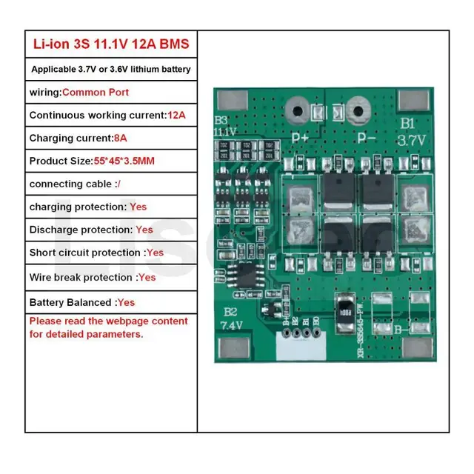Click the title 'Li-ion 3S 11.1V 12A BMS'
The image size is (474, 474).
111,44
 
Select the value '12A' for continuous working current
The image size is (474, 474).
176,115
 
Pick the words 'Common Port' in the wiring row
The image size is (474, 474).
95,92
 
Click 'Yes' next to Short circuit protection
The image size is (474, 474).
155,253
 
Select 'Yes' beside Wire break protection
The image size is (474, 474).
147,277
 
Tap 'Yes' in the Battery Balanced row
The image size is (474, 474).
126,302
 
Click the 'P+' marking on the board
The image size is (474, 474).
300,137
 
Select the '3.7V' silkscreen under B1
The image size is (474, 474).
411,139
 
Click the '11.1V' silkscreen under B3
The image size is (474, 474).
224,131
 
